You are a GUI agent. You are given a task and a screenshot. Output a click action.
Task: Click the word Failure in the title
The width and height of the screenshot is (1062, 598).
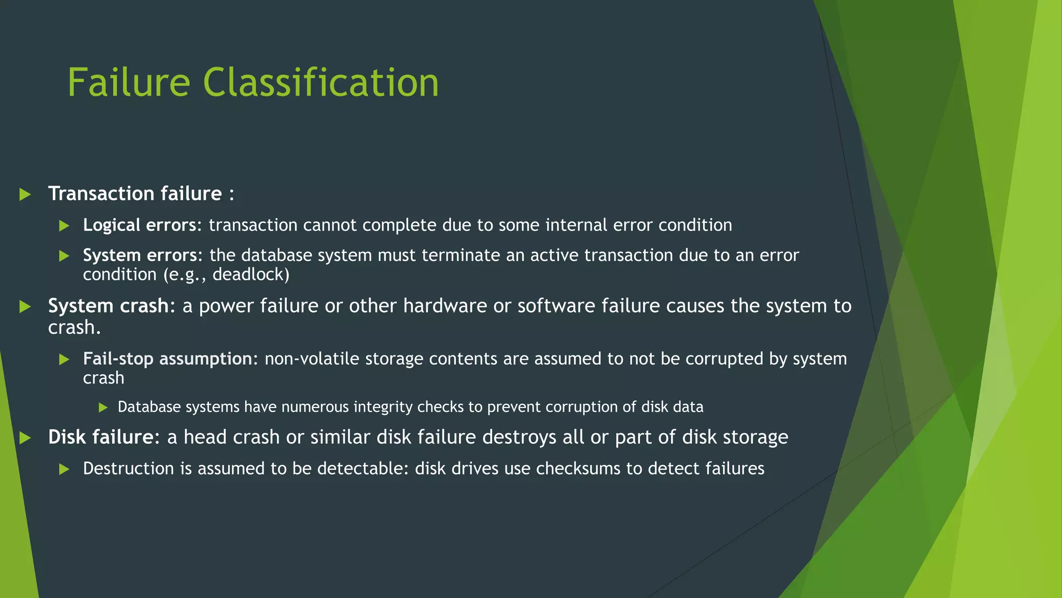(129, 83)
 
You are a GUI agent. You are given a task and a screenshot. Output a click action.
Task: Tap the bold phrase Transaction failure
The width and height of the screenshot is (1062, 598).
(135, 194)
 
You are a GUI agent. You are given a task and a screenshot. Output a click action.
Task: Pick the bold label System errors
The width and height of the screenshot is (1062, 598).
(140, 255)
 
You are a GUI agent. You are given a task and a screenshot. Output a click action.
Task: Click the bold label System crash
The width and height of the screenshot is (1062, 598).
(108, 306)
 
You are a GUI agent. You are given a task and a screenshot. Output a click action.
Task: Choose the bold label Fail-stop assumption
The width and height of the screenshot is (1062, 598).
(167, 359)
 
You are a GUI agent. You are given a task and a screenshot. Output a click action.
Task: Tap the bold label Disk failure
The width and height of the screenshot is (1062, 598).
(101, 438)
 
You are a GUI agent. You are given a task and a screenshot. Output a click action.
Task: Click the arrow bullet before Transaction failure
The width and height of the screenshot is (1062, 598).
(25, 195)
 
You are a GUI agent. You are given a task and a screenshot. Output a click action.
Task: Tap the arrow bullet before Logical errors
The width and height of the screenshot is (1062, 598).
(64, 226)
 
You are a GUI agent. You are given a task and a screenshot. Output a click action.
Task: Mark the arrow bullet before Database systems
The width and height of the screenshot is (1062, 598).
(103, 407)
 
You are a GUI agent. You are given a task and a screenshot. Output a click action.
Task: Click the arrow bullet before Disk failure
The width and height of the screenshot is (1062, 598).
(25, 438)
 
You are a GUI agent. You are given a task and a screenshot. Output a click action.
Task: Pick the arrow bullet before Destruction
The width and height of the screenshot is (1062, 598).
(64, 469)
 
